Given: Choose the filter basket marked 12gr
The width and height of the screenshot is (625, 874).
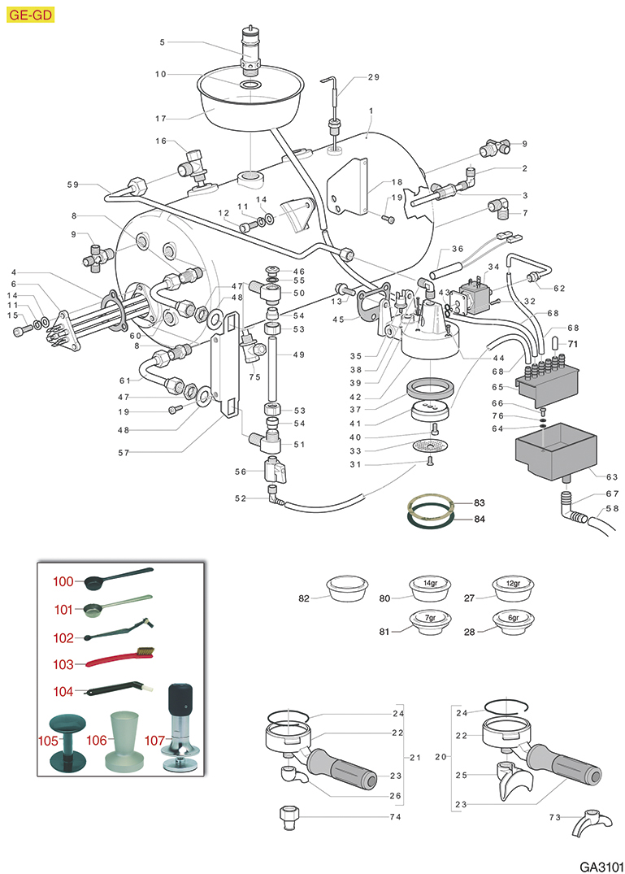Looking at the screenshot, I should [514, 586].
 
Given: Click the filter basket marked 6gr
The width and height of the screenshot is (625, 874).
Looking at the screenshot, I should [514, 622].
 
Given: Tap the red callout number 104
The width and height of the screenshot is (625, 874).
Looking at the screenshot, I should [63, 691].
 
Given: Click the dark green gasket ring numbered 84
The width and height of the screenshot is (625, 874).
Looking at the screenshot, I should [430, 516].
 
